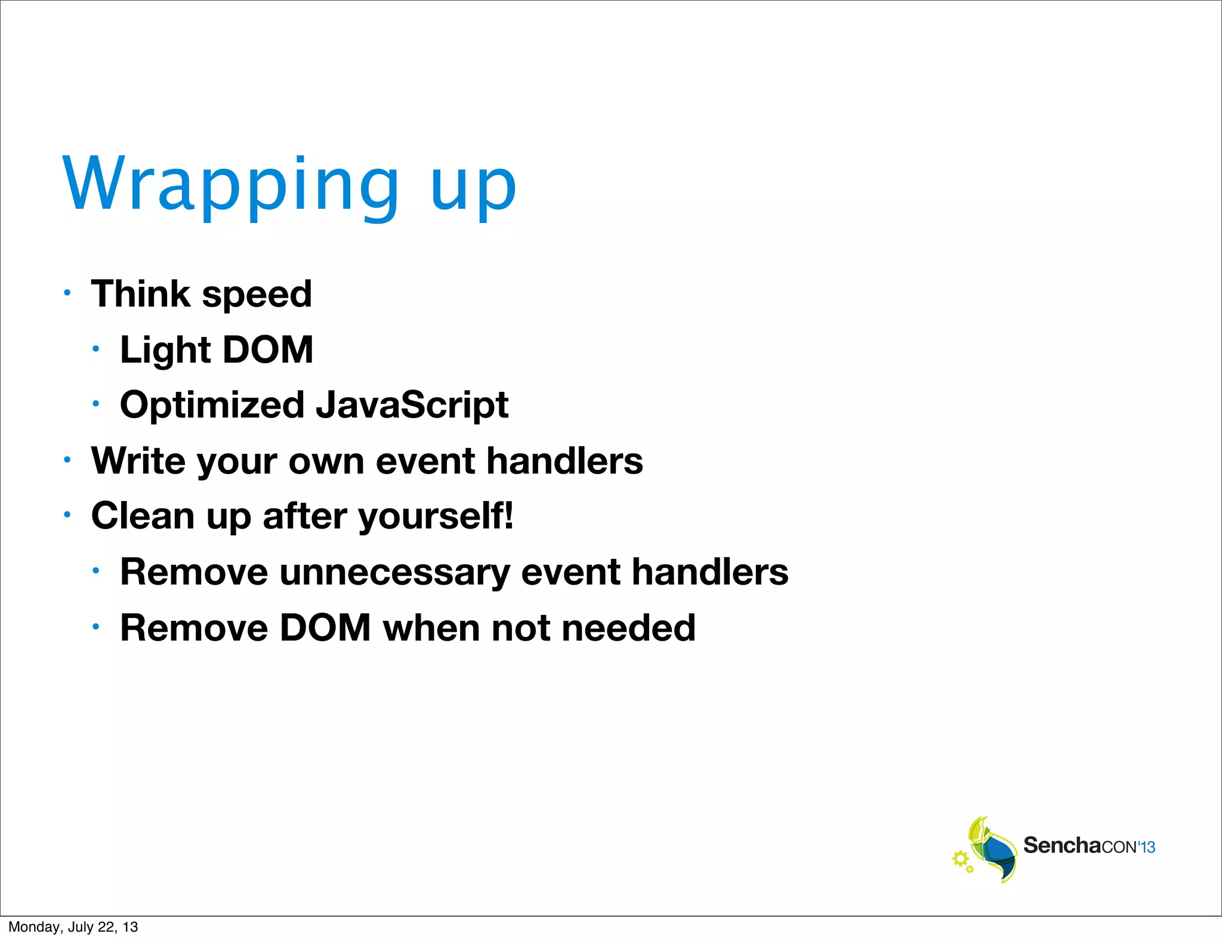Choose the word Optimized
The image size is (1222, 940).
coord(212,406)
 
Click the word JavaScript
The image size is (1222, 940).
coord(412,406)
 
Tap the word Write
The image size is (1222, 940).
coord(138,461)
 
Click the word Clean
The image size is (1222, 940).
coord(143,516)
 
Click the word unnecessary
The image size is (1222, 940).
coord(394,573)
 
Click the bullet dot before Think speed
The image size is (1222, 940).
coord(67,293)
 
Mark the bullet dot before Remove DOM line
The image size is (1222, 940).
coord(96,627)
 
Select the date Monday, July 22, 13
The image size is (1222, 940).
coord(73,927)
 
